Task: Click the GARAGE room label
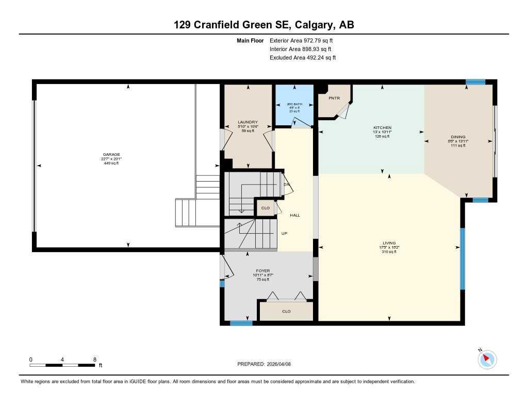(111, 154)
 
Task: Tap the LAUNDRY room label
(247, 122)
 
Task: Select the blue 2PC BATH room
(294, 106)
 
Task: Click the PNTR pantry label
(334, 98)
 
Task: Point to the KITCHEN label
(383, 127)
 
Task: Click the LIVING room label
(389, 243)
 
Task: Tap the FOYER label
(263, 270)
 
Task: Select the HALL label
(294, 215)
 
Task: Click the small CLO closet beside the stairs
(266, 208)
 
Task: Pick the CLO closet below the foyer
(286, 311)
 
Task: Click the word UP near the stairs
(284, 233)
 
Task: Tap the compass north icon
(487, 359)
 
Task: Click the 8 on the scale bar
(94, 359)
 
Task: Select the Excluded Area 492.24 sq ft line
(303, 58)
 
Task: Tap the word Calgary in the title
(312, 25)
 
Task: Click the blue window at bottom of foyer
(241, 323)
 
